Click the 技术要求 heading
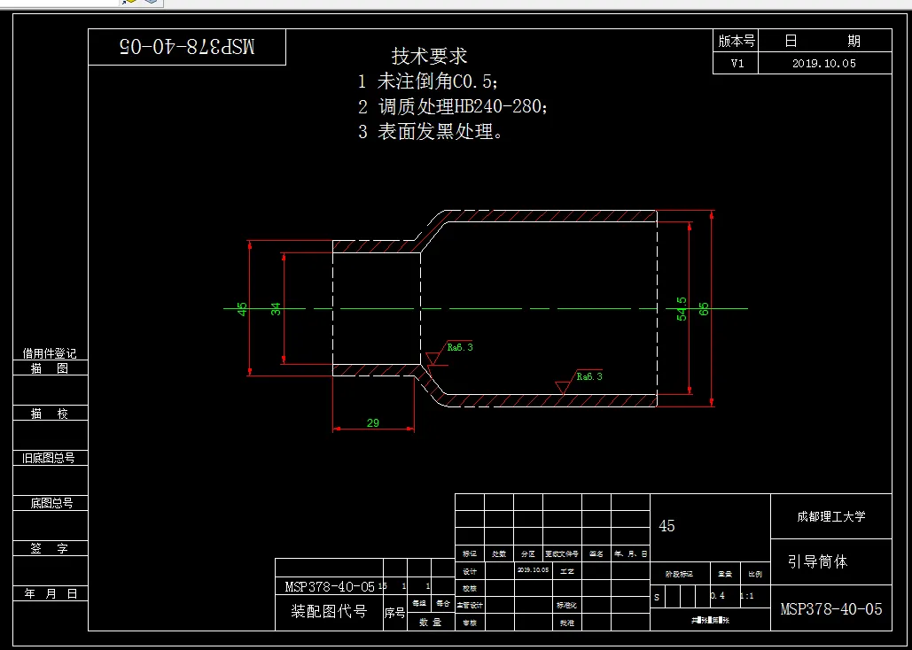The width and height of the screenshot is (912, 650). pyautogui.click(x=429, y=56)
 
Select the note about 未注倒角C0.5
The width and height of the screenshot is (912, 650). pyautogui.click(x=429, y=82)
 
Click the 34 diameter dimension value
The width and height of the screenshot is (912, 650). pyautogui.click(x=276, y=309)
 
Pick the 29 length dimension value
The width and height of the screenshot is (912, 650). pyautogui.click(x=372, y=423)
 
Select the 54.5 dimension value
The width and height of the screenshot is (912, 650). pyautogui.click(x=682, y=309)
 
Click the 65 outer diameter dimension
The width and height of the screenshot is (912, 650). pyautogui.click(x=705, y=309)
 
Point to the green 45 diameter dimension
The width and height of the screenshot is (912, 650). pyautogui.click(x=242, y=309)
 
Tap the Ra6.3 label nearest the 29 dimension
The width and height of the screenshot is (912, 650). pyautogui.click(x=459, y=347)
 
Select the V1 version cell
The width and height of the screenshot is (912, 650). pyautogui.click(x=737, y=64)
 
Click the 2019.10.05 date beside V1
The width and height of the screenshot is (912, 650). pyautogui.click(x=824, y=64)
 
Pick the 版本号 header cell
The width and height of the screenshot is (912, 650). pyautogui.click(x=737, y=41)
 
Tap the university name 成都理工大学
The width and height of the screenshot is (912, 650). pyautogui.click(x=830, y=516)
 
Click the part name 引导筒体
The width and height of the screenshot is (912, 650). pyautogui.click(x=817, y=561)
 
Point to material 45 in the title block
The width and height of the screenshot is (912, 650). pyautogui.click(x=667, y=526)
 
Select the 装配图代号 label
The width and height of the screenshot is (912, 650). pyautogui.click(x=329, y=611)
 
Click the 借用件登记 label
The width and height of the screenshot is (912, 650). pyautogui.click(x=50, y=353)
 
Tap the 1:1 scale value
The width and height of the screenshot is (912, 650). pyautogui.click(x=746, y=596)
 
